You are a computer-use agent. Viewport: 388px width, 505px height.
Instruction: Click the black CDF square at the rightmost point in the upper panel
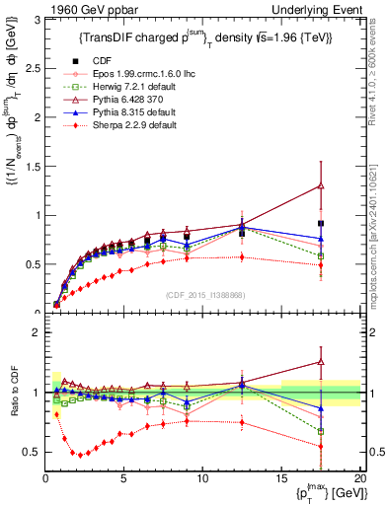[347, 224]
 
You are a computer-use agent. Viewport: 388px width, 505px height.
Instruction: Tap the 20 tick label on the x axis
[358, 478]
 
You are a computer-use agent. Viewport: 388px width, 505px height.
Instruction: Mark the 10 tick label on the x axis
[201, 478]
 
